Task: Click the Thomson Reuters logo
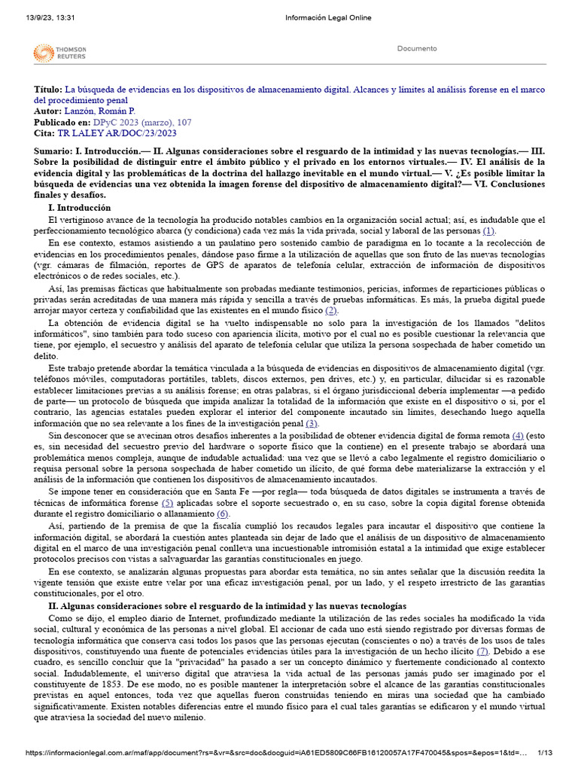[x=59, y=53]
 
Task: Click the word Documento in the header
[x=416, y=49]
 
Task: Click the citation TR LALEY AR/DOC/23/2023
[x=117, y=133]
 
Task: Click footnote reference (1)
[x=488, y=230]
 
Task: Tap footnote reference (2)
[x=331, y=310]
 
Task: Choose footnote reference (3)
[x=312, y=423]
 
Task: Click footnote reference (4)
[x=518, y=435]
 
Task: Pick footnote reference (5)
[x=167, y=502]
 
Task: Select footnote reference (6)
[x=222, y=513]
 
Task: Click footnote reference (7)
[x=482, y=650]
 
